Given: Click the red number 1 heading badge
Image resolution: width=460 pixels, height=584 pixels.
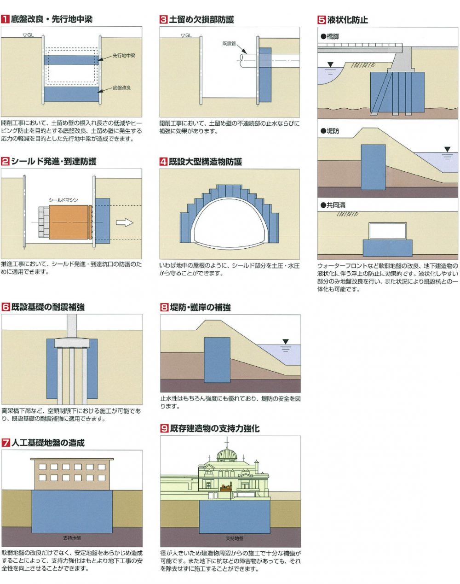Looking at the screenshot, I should (6, 19).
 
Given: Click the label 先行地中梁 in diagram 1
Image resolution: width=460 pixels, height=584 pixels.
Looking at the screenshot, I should (124, 56).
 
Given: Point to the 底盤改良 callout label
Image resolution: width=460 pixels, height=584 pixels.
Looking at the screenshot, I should (122, 88).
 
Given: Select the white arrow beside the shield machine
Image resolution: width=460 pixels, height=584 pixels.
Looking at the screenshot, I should (124, 223).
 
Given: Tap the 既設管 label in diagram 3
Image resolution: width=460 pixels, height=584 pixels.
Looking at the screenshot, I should (229, 43).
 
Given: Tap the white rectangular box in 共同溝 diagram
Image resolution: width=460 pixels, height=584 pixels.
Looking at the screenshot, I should (387, 231).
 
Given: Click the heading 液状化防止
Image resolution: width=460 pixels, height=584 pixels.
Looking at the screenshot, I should (347, 20).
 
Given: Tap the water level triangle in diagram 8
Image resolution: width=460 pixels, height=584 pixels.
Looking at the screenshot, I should (286, 342).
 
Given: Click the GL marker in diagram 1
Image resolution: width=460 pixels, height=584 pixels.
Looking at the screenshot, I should (28, 35).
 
